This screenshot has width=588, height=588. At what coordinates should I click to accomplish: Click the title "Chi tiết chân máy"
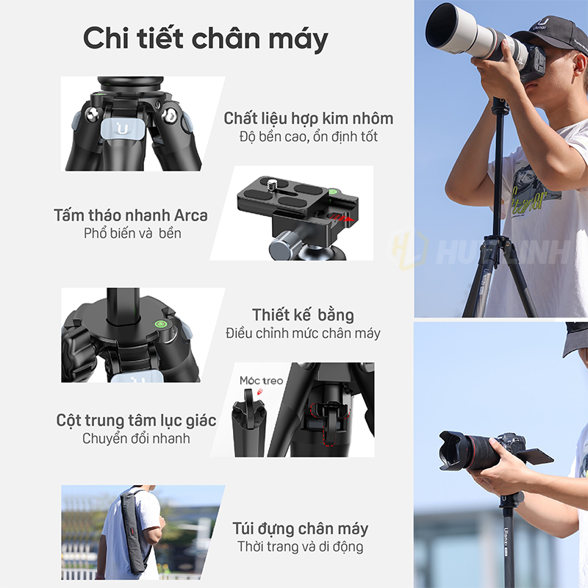click(x=206, y=39)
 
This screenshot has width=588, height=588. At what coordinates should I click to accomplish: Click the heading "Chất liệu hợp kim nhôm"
click(x=308, y=118)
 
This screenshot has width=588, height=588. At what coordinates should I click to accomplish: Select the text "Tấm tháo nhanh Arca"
click(x=131, y=215)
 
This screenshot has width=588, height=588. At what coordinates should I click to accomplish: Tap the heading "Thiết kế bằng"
click(x=303, y=315)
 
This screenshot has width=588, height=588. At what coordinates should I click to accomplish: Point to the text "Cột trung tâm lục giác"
click(x=136, y=420)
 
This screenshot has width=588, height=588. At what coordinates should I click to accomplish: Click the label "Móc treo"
click(x=261, y=381)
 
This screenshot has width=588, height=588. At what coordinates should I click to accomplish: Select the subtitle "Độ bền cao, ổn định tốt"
click(x=308, y=137)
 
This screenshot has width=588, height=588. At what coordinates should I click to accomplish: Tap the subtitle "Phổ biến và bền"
click(x=132, y=233)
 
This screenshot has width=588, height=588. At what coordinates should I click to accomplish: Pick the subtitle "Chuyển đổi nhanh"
click(x=136, y=438)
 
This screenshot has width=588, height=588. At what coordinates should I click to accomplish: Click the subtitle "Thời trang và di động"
click(x=301, y=547)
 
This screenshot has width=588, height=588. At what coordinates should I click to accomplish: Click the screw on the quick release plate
click(x=271, y=184)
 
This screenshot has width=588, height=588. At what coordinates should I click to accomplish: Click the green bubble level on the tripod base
click(x=161, y=324)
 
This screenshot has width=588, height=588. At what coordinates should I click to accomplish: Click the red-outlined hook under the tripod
click(x=330, y=423)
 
